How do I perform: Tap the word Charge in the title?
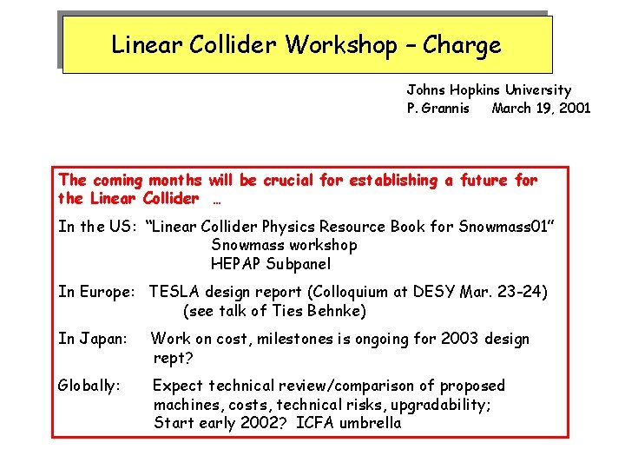pyautogui.click(x=463, y=45)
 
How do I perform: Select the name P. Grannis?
pyautogui.click(x=438, y=109)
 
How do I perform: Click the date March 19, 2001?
pyautogui.click(x=541, y=109)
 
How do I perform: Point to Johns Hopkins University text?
pyautogui.click(x=489, y=89)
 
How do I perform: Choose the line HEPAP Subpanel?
pyautogui.click(x=271, y=264)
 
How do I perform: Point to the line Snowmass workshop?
pyautogui.click(x=284, y=246)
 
